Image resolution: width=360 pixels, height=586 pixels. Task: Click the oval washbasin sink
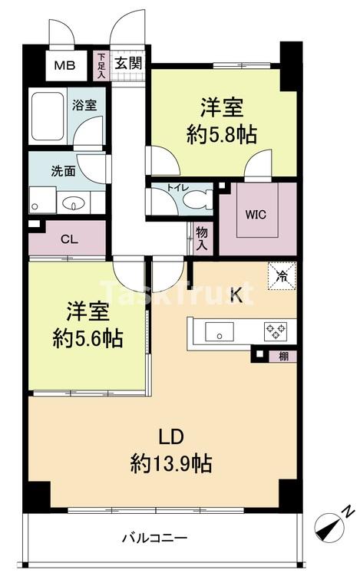click(x=74, y=204)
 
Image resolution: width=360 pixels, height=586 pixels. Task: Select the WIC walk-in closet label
click(x=256, y=214)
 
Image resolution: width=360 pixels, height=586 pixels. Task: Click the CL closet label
click(x=68, y=239)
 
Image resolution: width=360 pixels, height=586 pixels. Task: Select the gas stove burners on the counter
click(x=275, y=331)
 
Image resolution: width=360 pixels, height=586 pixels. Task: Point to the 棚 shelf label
click(x=284, y=355)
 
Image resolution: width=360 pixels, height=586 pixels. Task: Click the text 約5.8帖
click(x=222, y=135)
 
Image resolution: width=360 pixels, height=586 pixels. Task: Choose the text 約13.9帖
click(x=171, y=463)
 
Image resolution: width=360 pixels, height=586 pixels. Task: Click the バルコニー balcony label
click(x=154, y=538)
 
